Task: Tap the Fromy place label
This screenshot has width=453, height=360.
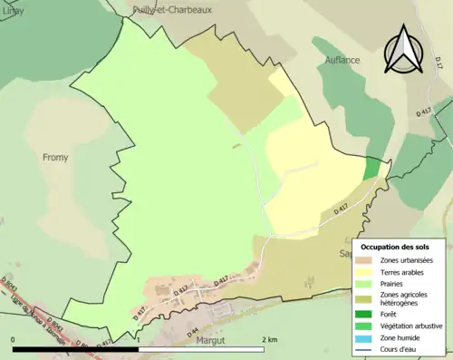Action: [x=55, y=157]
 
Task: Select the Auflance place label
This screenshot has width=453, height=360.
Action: [x=342, y=60]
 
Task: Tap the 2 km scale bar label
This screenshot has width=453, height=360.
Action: [x=269, y=339]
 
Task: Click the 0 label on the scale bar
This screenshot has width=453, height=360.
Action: [x=14, y=339]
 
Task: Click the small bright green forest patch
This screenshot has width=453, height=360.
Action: [x=372, y=168]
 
